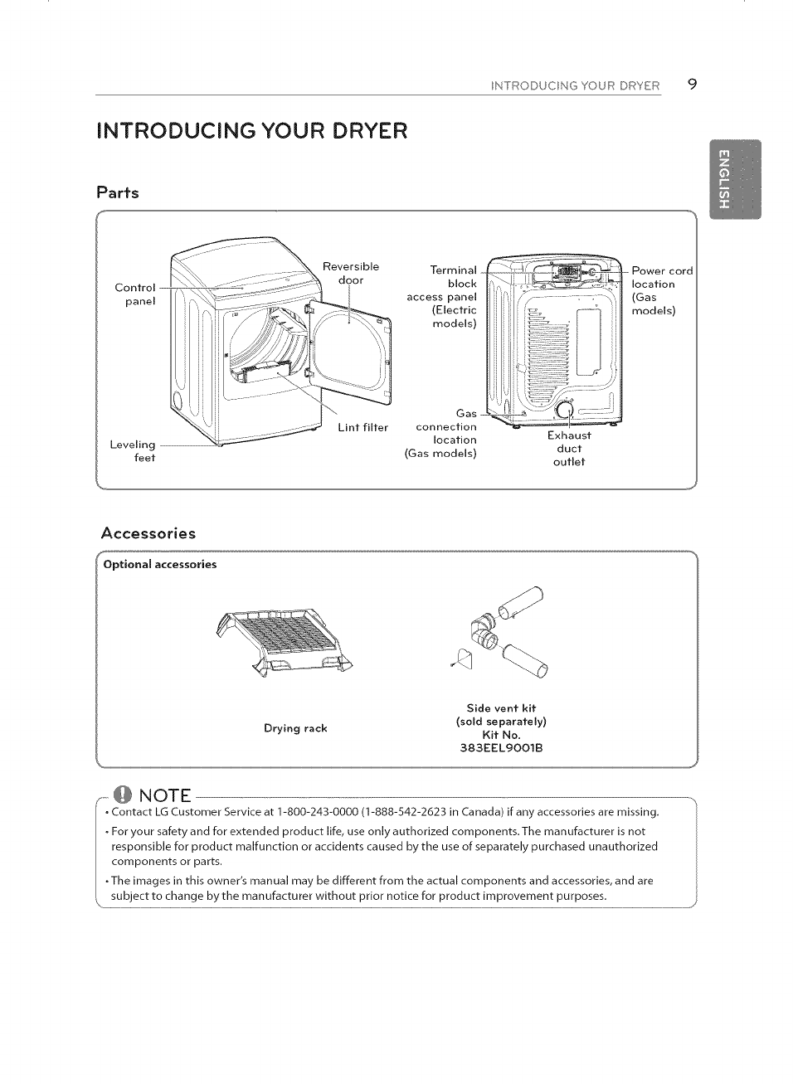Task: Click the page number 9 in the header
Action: pos(692,84)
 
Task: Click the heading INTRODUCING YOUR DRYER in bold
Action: pos(252,131)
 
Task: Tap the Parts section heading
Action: pos(118,192)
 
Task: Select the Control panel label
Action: pos(134,294)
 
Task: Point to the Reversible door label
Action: pos(350,273)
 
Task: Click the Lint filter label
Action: pos(362,428)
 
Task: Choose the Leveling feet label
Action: pos(133,451)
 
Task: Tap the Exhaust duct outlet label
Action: pos(569,449)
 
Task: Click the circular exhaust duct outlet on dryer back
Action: pos(566,411)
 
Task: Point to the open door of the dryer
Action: pos(349,344)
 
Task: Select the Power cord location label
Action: pos(661,290)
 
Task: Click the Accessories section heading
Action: pos(148,533)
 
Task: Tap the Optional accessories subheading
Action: pos(160,565)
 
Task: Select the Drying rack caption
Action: pos(295,728)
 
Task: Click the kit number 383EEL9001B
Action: pos(501,748)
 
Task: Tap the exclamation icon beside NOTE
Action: pos(122,794)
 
